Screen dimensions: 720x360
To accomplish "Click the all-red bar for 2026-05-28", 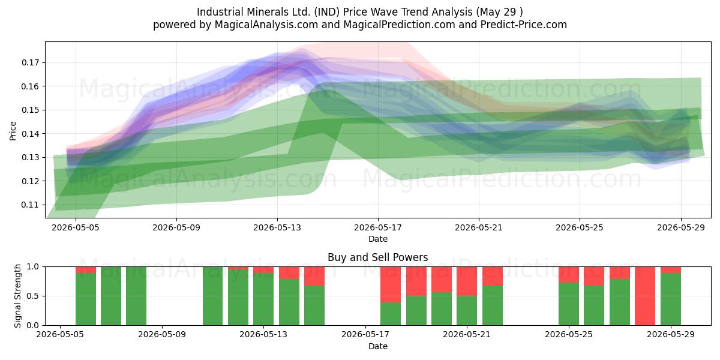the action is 645,296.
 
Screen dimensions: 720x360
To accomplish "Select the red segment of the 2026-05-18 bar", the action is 391,284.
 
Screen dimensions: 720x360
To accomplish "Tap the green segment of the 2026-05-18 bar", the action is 391,314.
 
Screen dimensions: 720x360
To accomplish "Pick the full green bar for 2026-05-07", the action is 111,296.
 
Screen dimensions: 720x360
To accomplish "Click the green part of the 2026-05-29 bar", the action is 671,299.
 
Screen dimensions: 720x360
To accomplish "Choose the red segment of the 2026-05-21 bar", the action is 467,281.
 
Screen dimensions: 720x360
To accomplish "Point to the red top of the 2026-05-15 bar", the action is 314,276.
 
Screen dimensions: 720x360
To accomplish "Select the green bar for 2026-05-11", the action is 212,296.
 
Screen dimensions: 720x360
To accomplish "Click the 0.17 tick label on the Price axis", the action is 30,62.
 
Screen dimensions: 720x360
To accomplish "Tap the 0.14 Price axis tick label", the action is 30,134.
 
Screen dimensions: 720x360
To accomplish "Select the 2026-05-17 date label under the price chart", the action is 378,227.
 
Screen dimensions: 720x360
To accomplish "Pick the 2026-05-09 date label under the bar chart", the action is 161,334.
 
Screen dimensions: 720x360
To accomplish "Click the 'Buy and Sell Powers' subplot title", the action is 378,257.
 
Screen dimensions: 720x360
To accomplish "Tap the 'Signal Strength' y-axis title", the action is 17,296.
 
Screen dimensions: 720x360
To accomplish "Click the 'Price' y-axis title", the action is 13,131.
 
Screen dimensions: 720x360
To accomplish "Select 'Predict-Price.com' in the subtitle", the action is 524,25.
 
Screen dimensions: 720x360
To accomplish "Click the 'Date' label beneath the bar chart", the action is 378,346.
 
